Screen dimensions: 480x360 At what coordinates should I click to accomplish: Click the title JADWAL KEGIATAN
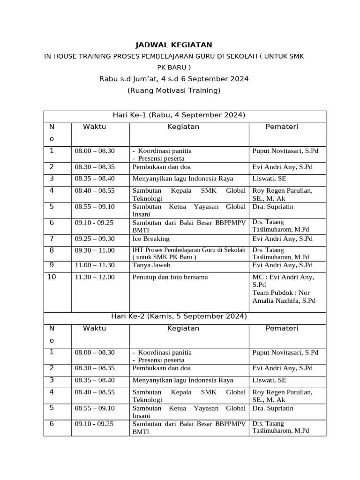[173, 45]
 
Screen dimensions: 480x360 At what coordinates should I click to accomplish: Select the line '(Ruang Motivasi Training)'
[173, 90]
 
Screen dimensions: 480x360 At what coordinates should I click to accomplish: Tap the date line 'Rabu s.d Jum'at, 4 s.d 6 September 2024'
[173, 79]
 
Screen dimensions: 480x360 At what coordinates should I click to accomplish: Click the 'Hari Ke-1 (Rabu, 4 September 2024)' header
[179, 115]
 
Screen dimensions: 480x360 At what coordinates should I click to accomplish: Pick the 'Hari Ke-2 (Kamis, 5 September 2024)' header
[179, 317]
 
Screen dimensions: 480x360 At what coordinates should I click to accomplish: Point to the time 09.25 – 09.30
[95, 239]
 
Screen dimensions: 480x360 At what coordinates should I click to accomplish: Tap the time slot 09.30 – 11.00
[95, 251]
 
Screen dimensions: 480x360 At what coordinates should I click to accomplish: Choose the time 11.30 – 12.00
[95, 277]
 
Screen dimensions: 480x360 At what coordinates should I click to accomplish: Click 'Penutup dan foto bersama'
[170, 277]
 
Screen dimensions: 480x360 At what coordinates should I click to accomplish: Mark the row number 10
[52, 277]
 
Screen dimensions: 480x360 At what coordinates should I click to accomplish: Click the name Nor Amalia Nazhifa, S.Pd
[284, 297]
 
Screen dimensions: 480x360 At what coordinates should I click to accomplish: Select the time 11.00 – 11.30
[95, 265]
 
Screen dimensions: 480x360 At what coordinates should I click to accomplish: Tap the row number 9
[52, 265]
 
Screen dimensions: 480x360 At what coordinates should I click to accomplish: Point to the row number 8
[52, 251]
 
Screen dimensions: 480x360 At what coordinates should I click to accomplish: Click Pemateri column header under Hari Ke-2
[282, 329]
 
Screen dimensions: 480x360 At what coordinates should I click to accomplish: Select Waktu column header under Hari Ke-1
[95, 127]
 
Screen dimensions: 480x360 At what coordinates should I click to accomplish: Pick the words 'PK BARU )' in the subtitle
[173, 67]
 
